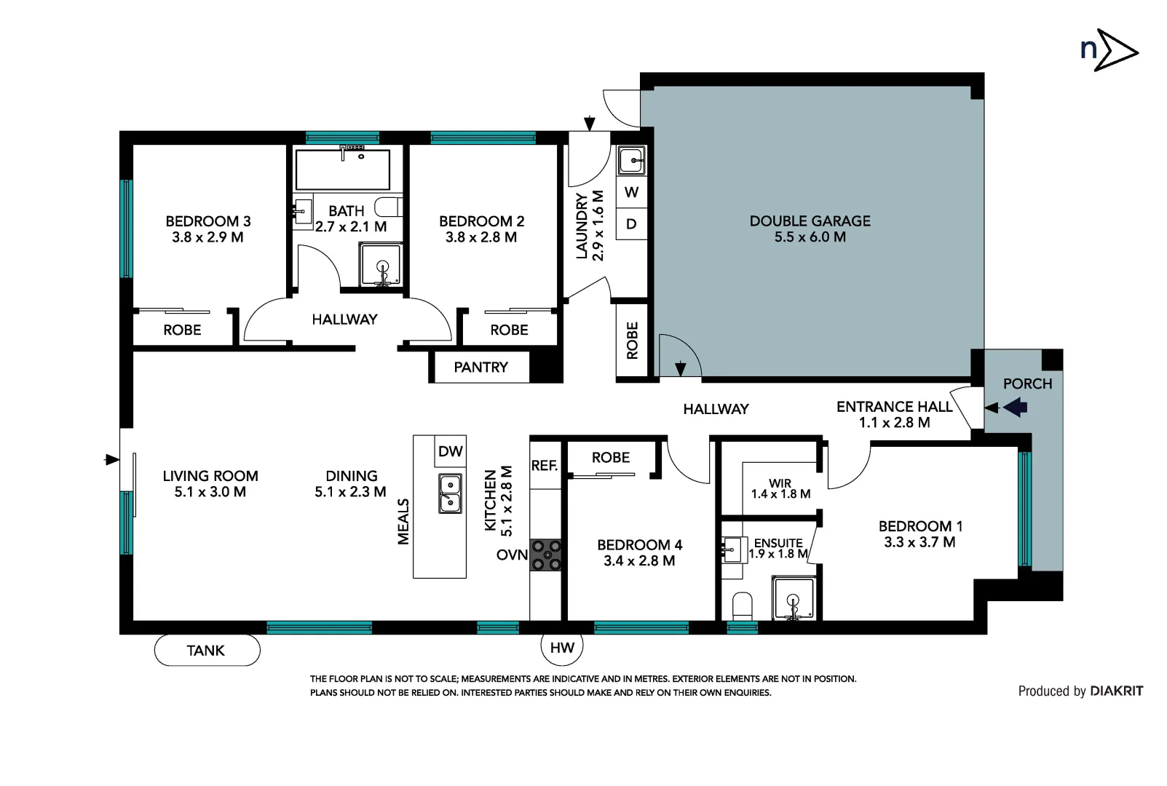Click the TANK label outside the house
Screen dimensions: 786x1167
point(206,650)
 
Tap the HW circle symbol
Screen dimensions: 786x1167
point(562,647)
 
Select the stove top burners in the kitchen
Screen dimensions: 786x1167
point(546,555)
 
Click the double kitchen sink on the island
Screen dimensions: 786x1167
point(450,493)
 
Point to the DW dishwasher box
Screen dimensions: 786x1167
point(450,451)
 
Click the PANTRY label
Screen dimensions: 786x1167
point(480,368)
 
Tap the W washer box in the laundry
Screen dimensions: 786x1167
point(631,192)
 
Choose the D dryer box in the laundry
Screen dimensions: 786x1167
point(631,224)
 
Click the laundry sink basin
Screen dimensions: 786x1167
point(631,160)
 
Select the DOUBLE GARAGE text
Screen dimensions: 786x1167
point(810,221)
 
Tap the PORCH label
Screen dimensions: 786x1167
point(1027,384)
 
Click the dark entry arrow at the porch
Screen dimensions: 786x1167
point(1016,408)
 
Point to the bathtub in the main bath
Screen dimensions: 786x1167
point(342,170)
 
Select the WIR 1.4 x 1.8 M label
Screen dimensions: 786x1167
point(780,488)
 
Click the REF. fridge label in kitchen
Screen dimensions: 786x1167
point(545,466)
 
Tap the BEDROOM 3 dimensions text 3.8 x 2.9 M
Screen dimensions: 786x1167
point(207,237)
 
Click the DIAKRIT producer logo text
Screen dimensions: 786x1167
point(1116,691)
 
